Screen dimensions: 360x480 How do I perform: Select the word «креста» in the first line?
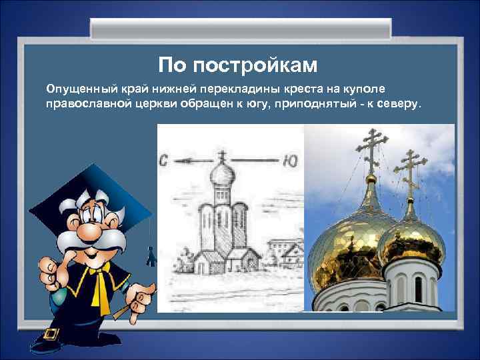click(x=305, y=89)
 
